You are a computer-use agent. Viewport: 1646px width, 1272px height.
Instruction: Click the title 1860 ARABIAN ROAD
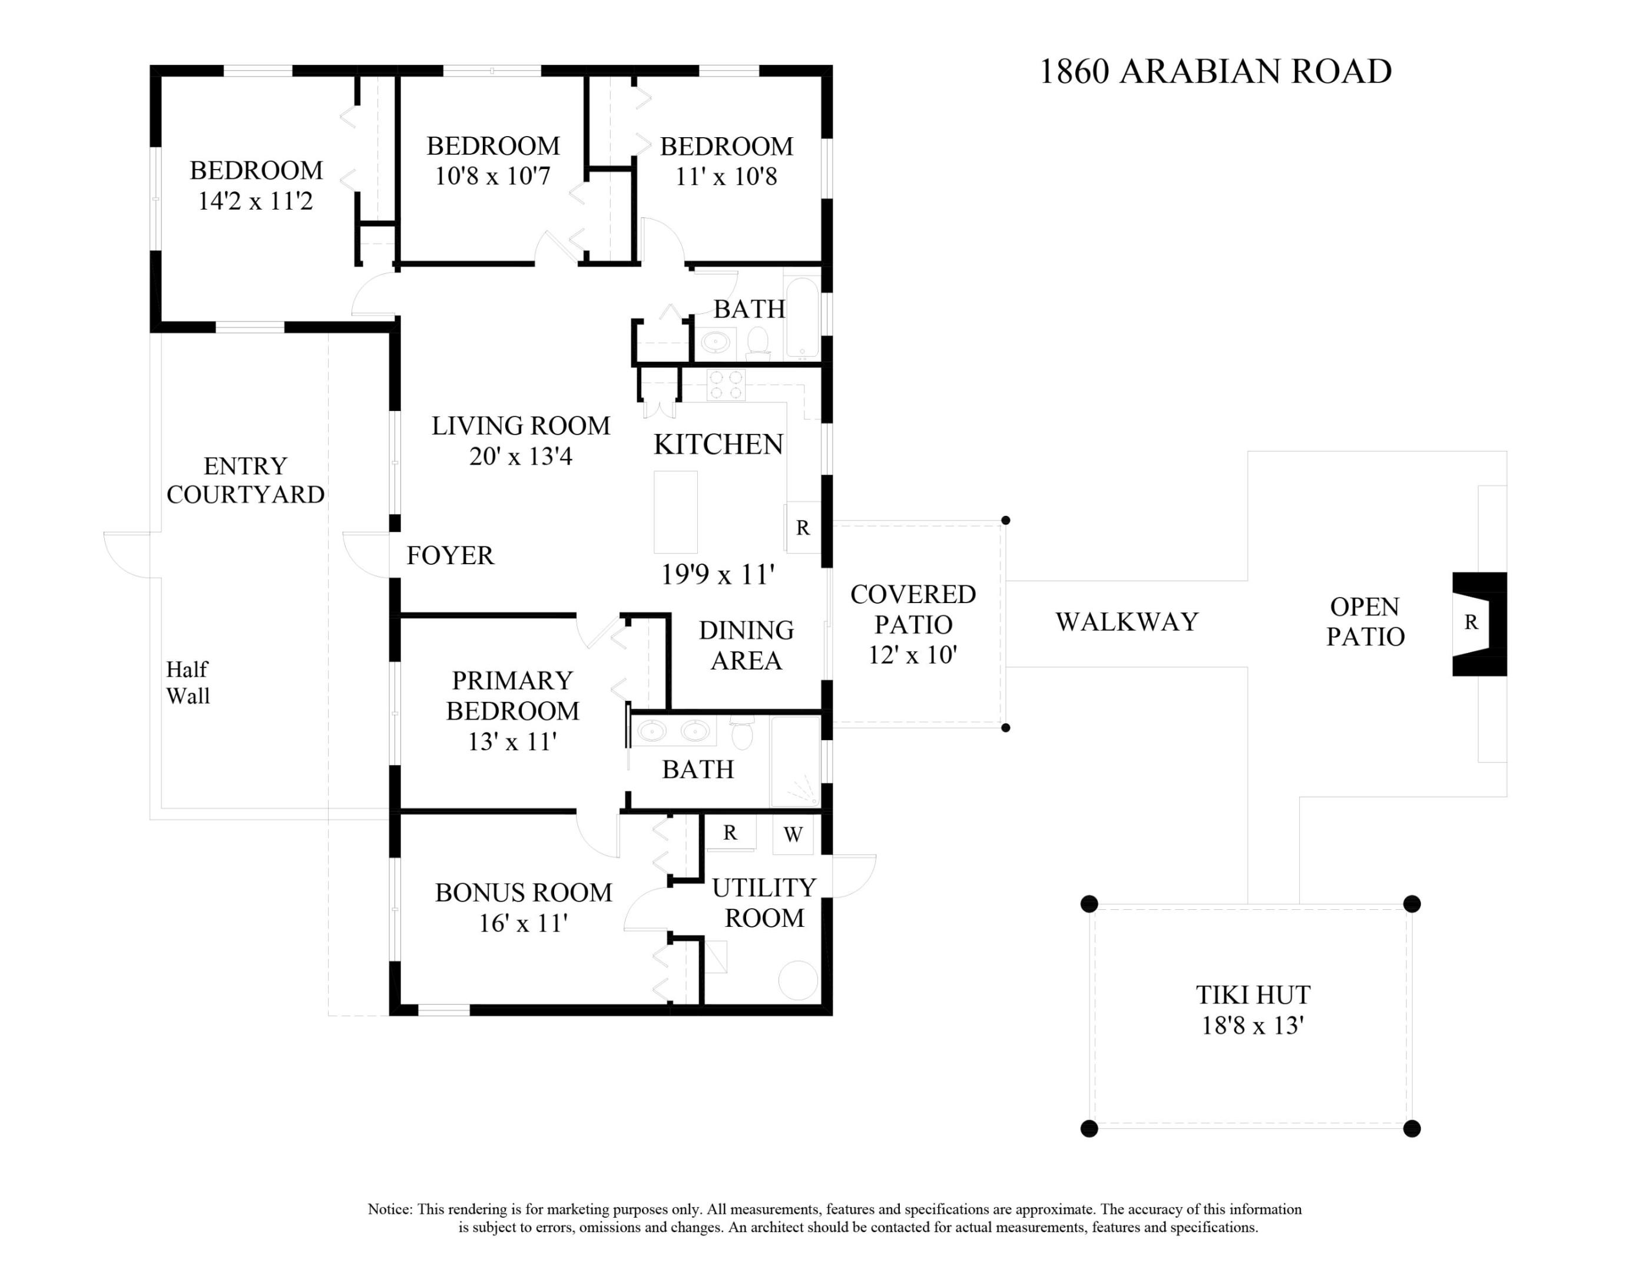1214,72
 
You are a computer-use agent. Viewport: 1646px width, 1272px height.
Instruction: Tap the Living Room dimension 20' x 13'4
520,456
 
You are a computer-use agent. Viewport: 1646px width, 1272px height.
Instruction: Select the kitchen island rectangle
675,512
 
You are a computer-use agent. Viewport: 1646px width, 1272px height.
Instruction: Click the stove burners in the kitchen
726,385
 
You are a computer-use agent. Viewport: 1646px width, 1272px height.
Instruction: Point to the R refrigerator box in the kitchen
803,528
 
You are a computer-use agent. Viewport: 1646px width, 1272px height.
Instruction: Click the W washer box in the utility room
793,834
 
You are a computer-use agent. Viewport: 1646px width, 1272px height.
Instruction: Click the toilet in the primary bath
743,735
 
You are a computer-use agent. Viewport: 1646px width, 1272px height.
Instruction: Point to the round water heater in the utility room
797,980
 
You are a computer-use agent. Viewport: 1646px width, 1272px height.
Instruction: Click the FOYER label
450,556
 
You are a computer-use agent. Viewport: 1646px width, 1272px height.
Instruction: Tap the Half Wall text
188,683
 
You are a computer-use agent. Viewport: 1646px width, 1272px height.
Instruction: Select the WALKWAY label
1126,622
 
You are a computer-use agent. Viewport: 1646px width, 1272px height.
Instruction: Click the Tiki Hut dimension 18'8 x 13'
1252,1026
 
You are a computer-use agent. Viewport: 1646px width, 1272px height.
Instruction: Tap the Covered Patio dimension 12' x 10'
912,655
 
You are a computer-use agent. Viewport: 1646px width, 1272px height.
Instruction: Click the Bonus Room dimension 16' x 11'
522,923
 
